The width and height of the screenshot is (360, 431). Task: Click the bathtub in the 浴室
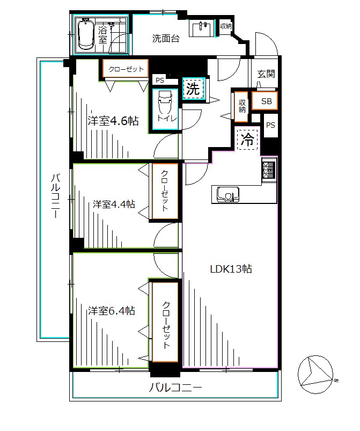point(85,34)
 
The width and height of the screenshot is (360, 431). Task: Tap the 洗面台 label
point(166,39)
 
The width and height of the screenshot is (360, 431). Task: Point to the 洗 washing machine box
point(194,89)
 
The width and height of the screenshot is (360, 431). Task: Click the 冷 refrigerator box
point(247,140)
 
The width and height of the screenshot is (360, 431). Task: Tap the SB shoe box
point(265,101)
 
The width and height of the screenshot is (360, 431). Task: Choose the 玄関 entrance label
point(266,74)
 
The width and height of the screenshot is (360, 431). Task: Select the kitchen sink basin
point(228,194)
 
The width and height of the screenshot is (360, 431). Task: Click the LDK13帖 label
point(231,269)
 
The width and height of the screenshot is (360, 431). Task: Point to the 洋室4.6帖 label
point(113,121)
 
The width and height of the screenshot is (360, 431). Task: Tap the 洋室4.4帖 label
point(114,204)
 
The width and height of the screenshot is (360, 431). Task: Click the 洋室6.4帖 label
point(111,311)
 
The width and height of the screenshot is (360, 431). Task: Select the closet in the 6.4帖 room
point(165,322)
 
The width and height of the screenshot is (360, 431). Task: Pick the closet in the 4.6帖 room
point(126,69)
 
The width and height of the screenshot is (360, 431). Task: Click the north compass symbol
point(315,375)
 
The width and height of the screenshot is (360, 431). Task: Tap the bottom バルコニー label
point(175,388)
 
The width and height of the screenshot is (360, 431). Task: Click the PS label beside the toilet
point(160,81)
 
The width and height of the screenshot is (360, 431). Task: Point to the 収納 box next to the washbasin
point(226,26)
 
